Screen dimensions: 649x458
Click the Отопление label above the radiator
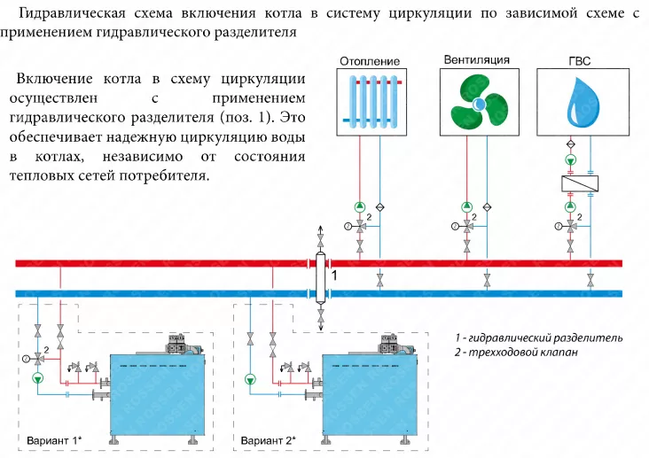[370, 61]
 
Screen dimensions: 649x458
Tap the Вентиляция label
[476, 59]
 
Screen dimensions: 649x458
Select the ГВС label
[580, 61]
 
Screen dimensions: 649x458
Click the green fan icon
[479, 103]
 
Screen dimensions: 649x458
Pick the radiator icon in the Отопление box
[372, 101]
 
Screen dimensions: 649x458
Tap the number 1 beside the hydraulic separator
[334, 276]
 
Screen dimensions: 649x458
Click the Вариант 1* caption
[54, 440]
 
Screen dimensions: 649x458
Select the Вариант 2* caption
[269, 440]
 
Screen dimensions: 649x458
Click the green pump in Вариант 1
[38, 377]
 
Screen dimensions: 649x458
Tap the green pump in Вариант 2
[250, 379]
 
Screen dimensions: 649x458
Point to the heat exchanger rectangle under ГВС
[580, 183]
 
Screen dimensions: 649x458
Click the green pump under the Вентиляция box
[467, 206]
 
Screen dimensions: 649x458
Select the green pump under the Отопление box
[360, 206]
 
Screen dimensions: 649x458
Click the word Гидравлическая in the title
[72, 13]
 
